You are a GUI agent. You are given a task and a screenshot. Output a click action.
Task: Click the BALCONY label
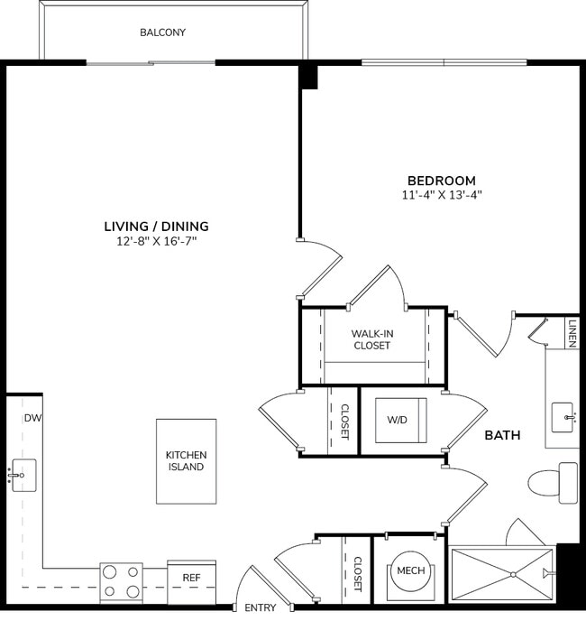(x=162, y=32)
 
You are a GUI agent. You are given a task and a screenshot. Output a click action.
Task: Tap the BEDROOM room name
(x=441, y=181)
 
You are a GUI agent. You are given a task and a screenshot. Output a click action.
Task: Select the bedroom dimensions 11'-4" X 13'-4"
(x=441, y=195)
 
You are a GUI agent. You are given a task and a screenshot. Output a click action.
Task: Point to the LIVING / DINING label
(x=156, y=226)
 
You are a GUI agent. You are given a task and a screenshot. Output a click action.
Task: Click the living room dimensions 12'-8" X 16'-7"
(x=156, y=241)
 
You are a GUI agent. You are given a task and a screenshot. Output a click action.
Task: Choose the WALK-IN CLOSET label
(x=372, y=339)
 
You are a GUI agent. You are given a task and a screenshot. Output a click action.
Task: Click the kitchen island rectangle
(x=186, y=460)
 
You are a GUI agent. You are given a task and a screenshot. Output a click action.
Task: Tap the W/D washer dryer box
(x=396, y=420)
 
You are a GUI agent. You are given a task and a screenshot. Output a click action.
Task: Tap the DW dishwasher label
(x=32, y=418)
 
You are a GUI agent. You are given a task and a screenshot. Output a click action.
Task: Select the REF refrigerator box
(x=191, y=577)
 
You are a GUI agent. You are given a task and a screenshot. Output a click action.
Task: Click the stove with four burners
(x=121, y=581)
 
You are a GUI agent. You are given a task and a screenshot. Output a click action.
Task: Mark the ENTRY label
(x=261, y=608)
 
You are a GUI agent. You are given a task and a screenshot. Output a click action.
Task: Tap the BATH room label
(x=502, y=435)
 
